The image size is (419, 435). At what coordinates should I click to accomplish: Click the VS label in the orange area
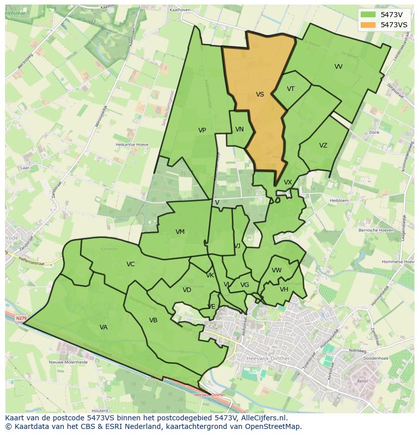pyautogui.click(x=260, y=94)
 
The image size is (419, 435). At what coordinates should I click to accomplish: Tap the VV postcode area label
pyautogui.click(x=339, y=67)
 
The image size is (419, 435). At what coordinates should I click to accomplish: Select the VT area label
pyautogui.click(x=290, y=89)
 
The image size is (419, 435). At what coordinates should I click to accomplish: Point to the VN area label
pyautogui.click(x=239, y=129)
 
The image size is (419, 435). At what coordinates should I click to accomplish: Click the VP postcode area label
pyautogui.click(x=202, y=130)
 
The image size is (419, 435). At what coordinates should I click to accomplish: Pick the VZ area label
pyautogui.click(x=323, y=146)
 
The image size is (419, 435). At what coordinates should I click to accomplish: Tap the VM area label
pyautogui.click(x=180, y=232)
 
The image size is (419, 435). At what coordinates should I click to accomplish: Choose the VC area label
pyautogui.click(x=131, y=264)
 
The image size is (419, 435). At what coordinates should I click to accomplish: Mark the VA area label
pyautogui.click(x=103, y=327)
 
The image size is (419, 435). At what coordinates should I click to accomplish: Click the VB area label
pyautogui.click(x=153, y=320)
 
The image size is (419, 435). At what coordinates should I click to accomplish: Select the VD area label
pyautogui.click(x=187, y=290)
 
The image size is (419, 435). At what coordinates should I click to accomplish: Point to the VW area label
pyautogui.click(x=276, y=270)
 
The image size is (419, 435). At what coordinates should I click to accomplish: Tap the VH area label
pyautogui.click(x=284, y=289)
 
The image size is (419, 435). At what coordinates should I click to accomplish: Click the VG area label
pyautogui.click(x=244, y=285)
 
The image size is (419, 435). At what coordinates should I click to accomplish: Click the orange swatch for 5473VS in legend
pyautogui.click(x=368, y=25)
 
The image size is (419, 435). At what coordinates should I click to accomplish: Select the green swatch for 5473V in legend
pyautogui.click(x=368, y=15)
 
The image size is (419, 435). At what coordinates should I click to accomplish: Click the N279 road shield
pyautogui.click(x=20, y=318)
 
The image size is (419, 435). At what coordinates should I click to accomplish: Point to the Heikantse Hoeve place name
pyautogui.click(x=132, y=144)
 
